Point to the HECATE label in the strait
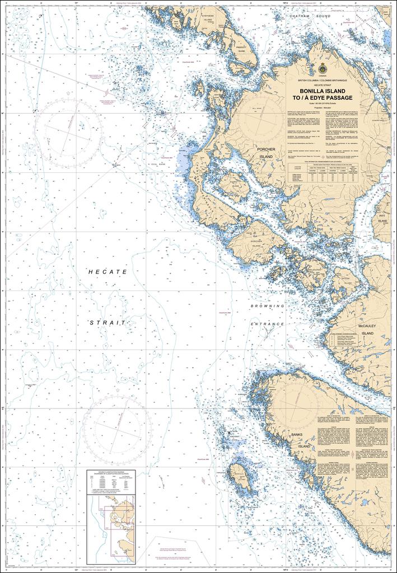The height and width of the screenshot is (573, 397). coord(108,271)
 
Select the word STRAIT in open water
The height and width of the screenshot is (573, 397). coord(108,323)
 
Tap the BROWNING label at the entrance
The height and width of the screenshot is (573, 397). coord(268,307)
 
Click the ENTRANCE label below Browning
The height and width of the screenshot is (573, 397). coord(268,324)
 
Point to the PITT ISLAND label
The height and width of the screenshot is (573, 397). coord(382,218)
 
